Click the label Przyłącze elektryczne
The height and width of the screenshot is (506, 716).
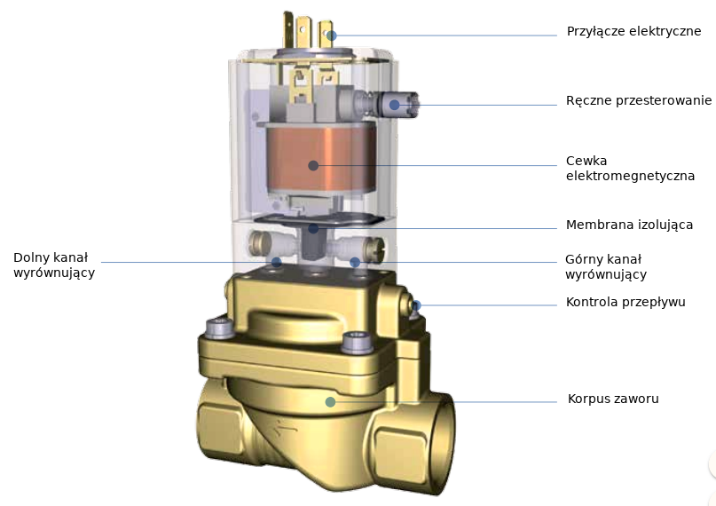pos(633,31)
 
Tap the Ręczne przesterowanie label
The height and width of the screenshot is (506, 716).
pos(639,101)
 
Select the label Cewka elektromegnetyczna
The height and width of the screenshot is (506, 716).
pos(630,168)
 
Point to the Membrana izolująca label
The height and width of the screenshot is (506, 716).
pos(629,225)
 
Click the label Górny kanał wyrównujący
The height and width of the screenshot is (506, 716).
pos(606,266)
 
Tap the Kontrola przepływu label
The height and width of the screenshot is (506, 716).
pos(626,303)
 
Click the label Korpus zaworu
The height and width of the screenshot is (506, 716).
pos(613,399)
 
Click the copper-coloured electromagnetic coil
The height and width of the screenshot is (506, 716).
pos(321,157)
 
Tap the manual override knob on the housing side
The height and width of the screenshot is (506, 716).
pos(397,105)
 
